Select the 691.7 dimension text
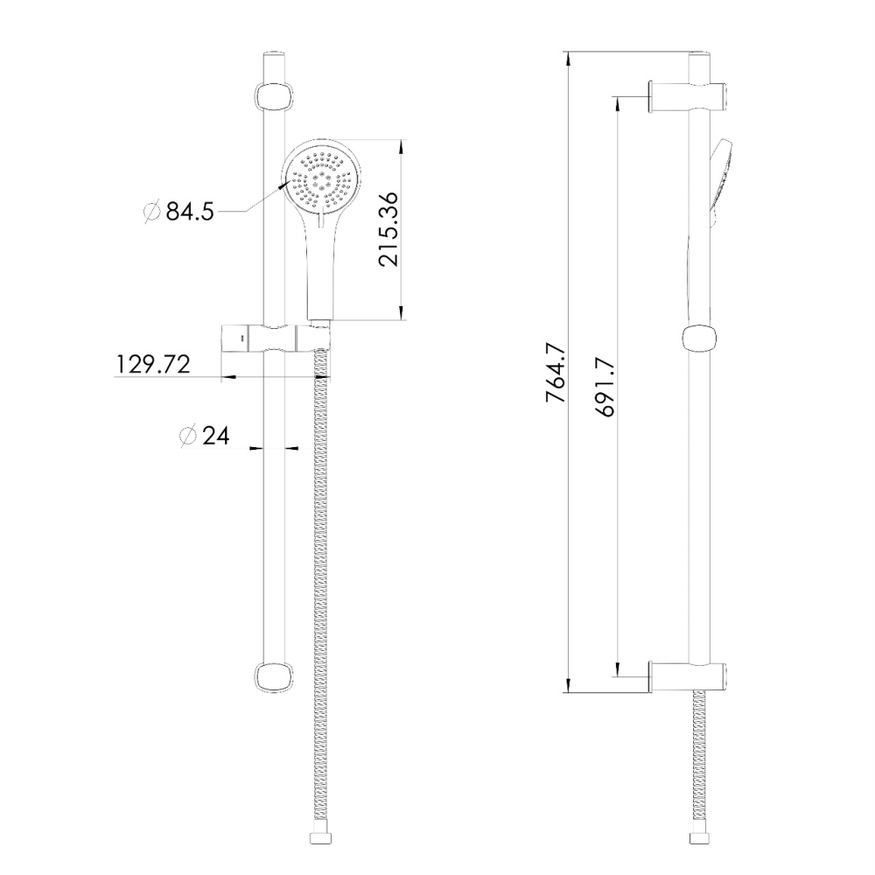605,387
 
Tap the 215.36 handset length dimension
389,228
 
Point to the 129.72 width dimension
153,364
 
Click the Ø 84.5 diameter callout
179,212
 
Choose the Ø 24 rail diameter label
204,436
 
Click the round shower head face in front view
323,179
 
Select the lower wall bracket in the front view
273,677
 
